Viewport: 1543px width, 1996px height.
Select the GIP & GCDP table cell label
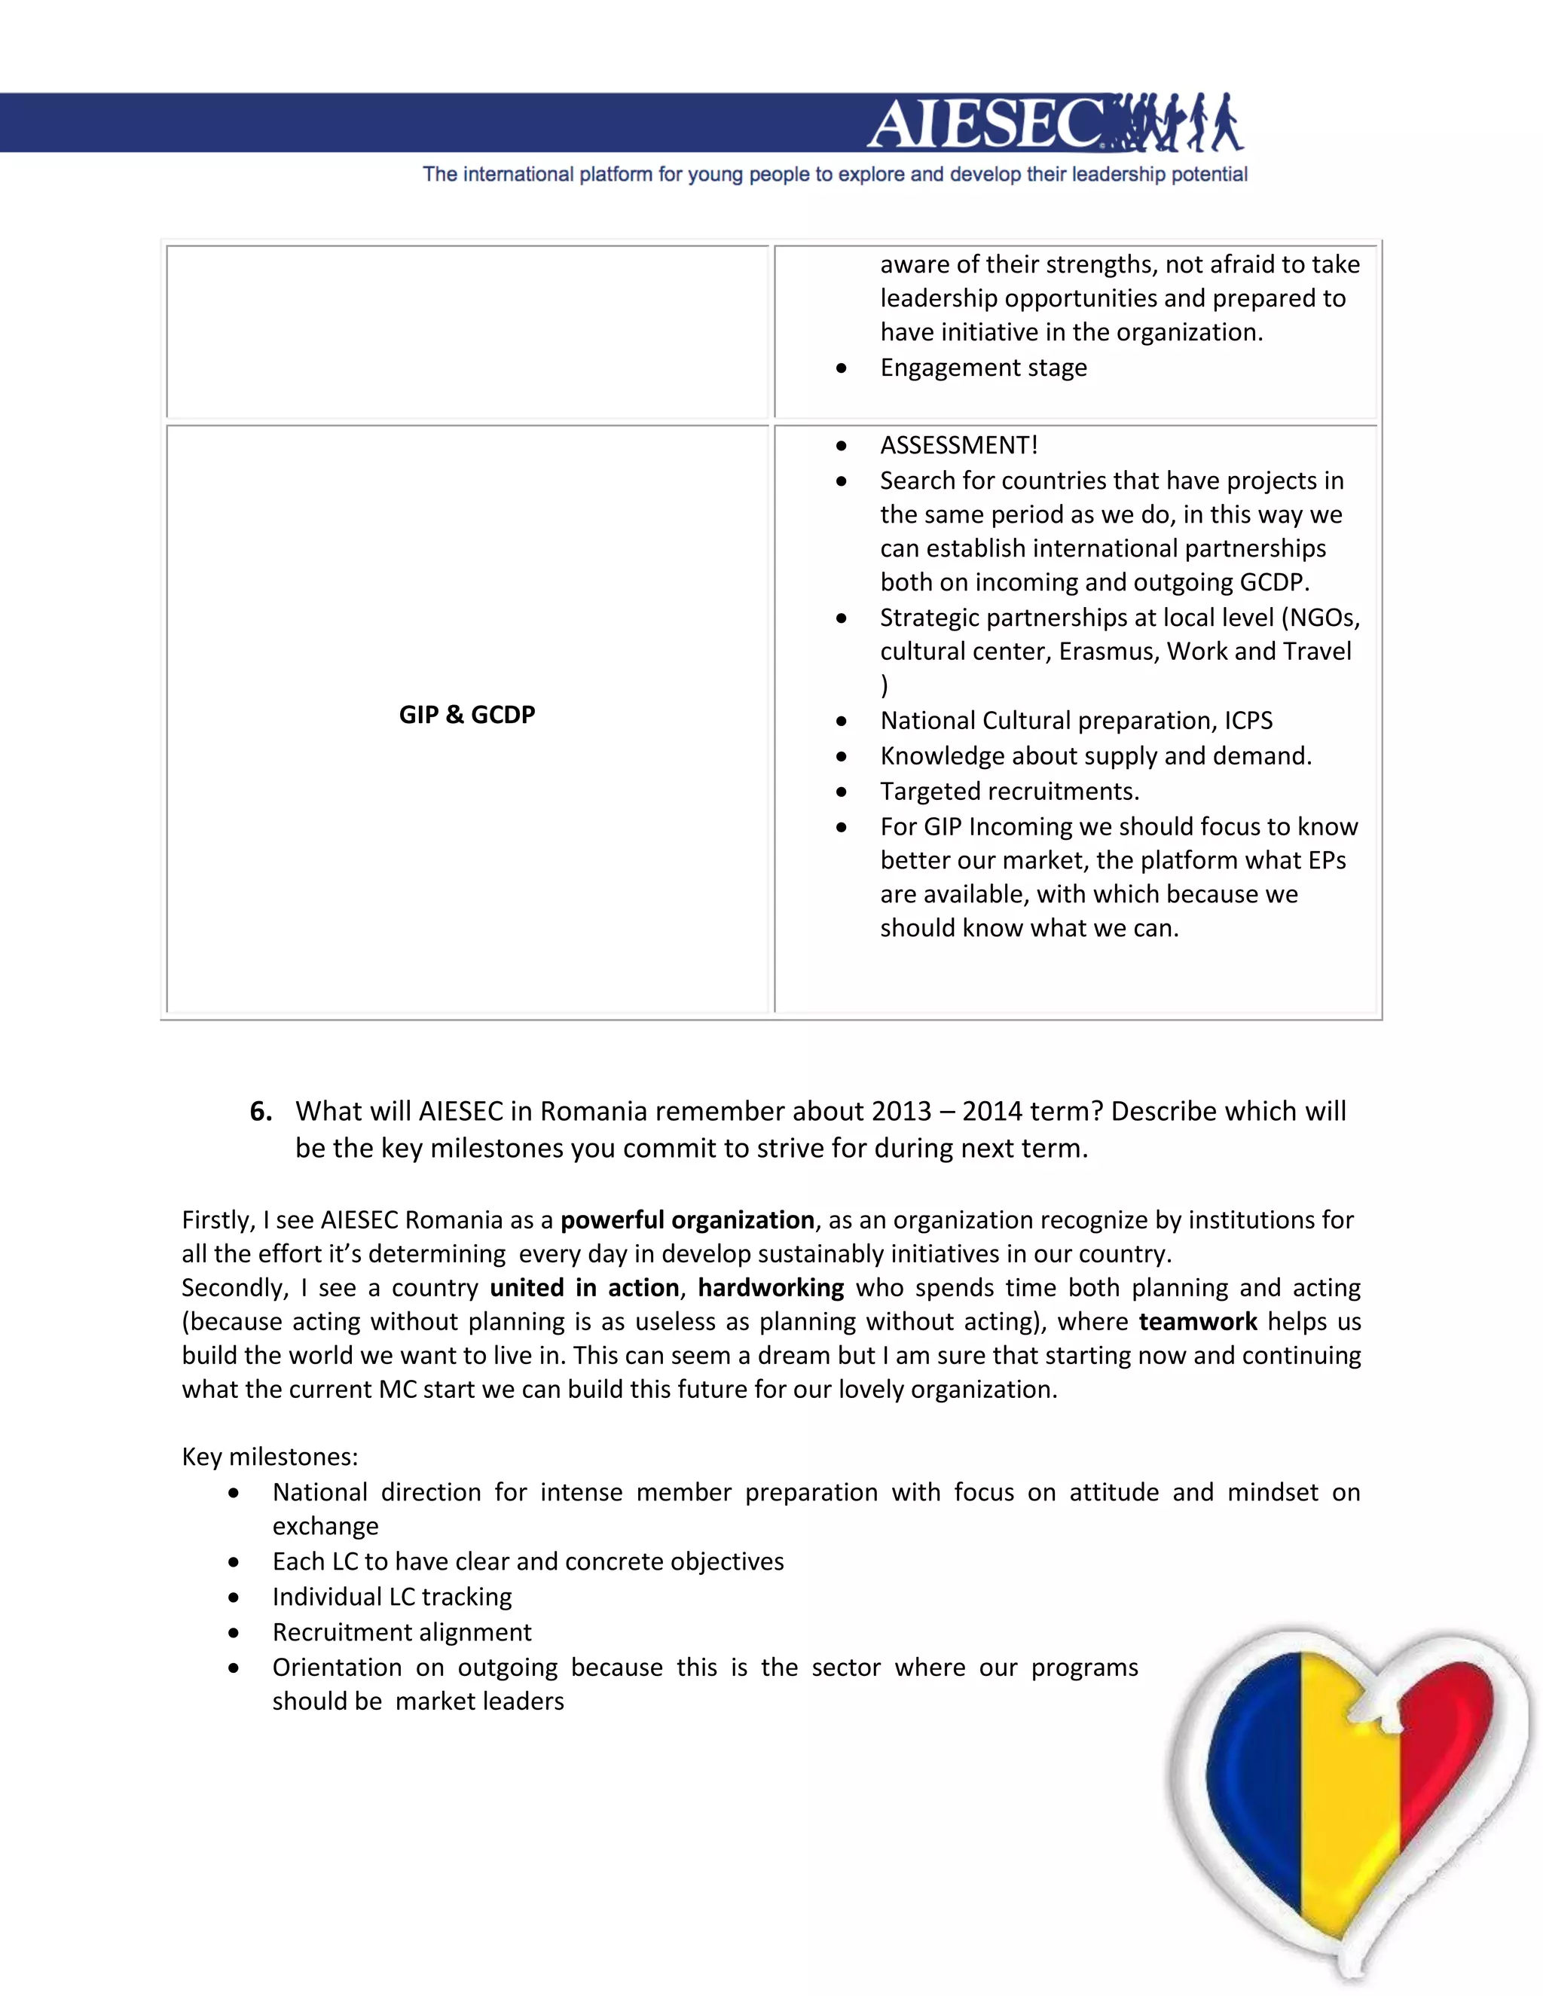tap(466, 715)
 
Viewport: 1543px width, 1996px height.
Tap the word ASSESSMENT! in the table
tap(958, 445)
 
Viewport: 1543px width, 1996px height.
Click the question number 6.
tap(261, 1111)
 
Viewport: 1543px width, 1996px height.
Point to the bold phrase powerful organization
tap(686, 1220)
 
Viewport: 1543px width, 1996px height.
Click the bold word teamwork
tap(1197, 1322)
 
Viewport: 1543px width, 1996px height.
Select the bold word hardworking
tap(771, 1288)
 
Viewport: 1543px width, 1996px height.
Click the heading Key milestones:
tap(270, 1457)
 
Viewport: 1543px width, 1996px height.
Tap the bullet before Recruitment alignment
tap(235, 1632)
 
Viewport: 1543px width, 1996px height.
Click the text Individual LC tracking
tap(392, 1597)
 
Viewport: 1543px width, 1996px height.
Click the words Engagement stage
tap(983, 368)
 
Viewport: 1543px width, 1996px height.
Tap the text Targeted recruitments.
tap(1009, 792)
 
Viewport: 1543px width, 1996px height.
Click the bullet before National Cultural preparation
tap(841, 721)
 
